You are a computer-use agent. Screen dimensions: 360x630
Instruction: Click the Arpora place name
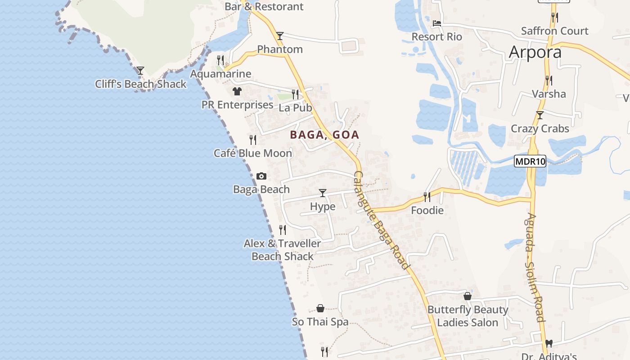(535, 52)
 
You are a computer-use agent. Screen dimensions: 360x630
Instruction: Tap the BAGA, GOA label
(324, 135)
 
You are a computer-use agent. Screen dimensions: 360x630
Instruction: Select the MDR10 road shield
(530, 161)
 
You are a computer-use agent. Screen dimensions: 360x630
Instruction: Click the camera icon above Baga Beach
(261, 176)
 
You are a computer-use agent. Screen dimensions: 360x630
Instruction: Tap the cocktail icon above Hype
(323, 193)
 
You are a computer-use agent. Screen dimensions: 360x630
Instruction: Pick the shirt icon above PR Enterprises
(237, 91)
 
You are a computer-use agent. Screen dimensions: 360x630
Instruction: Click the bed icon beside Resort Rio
(436, 23)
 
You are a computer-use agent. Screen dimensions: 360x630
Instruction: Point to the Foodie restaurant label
(427, 210)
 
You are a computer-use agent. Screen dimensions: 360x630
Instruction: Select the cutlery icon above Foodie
(427, 197)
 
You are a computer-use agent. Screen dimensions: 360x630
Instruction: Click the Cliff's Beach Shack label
(140, 84)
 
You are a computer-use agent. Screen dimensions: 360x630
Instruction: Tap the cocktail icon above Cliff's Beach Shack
(140, 71)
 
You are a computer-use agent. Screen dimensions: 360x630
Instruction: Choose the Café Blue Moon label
(253, 153)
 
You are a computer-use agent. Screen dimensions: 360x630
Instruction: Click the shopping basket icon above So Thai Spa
(320, 308)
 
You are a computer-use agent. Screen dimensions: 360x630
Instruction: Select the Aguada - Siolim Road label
(536, 268)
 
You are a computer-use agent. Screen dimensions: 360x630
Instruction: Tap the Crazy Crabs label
(540, 129)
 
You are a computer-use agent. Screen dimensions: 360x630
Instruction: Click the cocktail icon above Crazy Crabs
(540, 115)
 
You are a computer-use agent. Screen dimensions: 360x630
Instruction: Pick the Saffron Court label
(554, 31)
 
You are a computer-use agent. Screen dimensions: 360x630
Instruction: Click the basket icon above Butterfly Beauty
(468, 296)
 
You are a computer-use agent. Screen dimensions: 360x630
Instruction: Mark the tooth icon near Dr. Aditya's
(549, 344)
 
